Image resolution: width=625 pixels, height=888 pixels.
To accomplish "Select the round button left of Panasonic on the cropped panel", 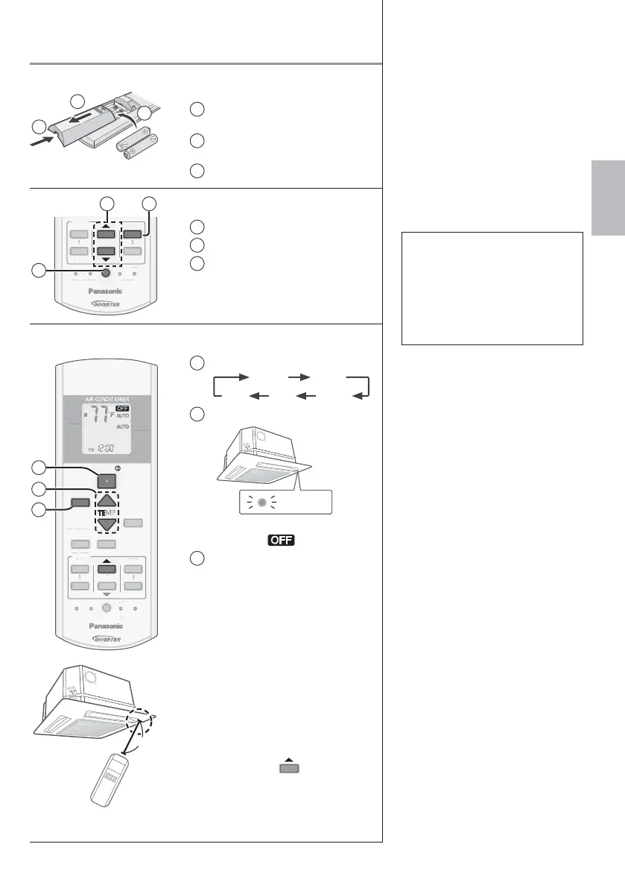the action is coord(106,273).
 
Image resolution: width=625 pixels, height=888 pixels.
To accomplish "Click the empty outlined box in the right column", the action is coord(491,288).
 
